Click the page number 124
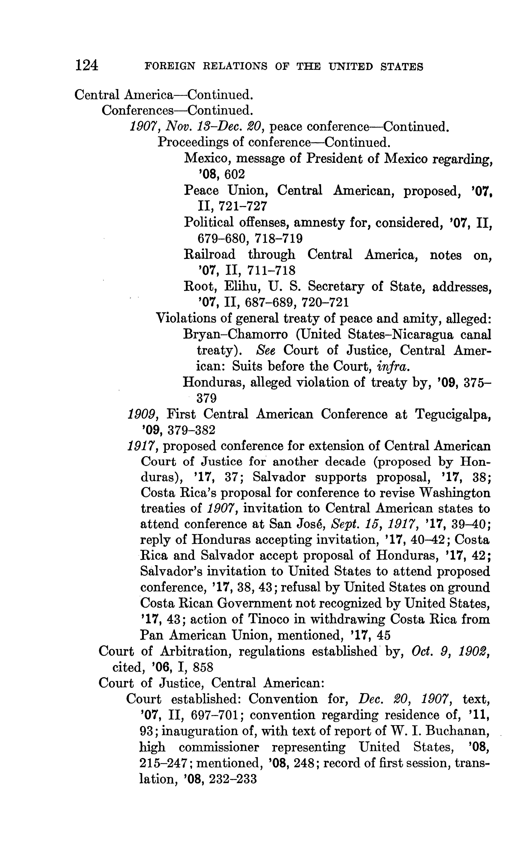pos(86,65)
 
